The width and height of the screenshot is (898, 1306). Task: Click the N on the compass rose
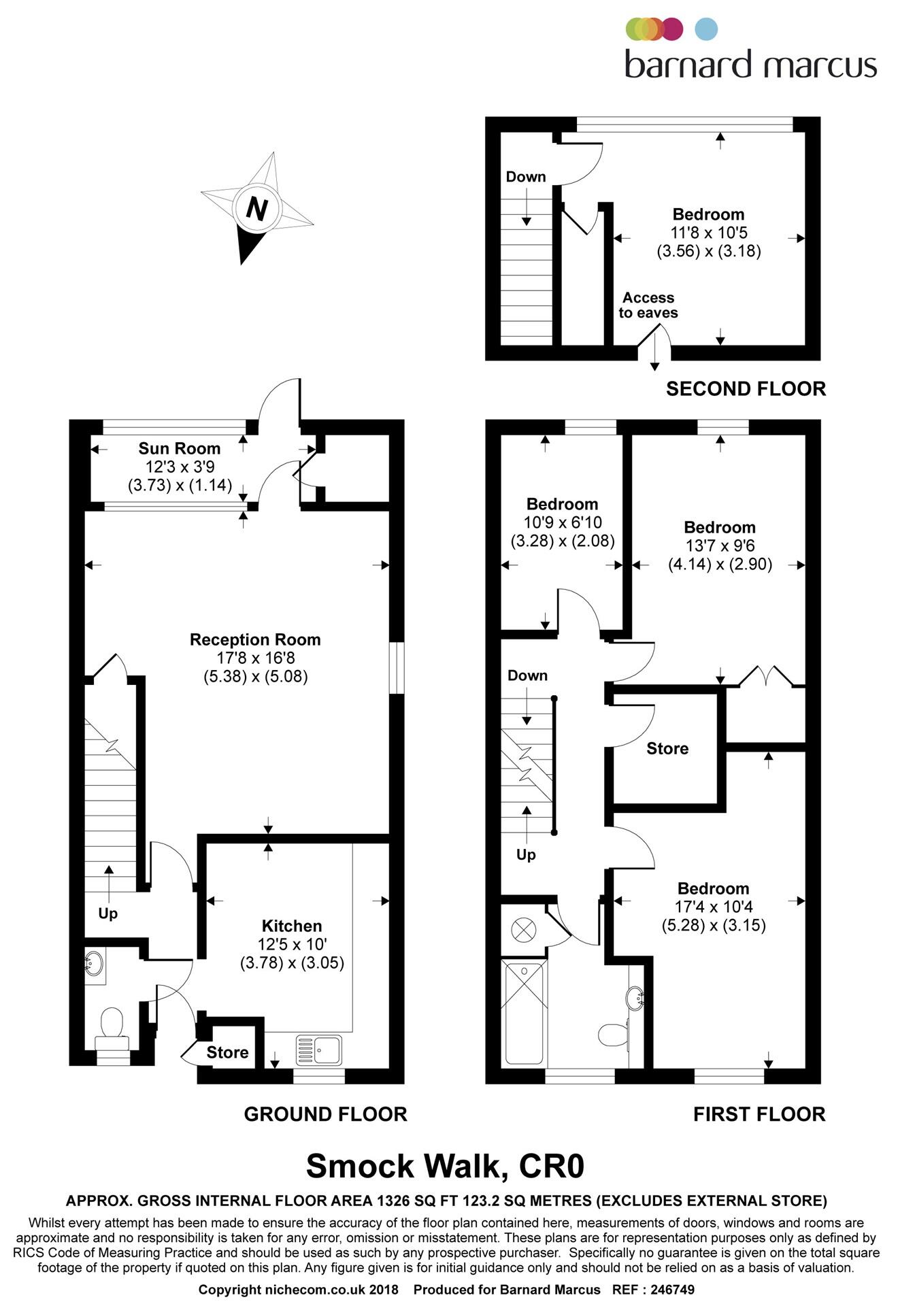256,208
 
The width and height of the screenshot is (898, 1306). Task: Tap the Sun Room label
179,448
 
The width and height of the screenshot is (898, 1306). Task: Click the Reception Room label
255,639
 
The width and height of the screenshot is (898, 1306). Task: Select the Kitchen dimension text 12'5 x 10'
292,944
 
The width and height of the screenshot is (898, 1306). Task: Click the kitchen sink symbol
320,1050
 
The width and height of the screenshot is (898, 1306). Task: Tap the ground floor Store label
227,1052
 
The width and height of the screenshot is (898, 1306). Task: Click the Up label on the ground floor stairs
107,914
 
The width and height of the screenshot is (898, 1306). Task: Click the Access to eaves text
648,305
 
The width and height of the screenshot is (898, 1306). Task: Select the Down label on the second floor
525,177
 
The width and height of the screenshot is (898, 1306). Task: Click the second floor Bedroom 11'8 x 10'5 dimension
708,233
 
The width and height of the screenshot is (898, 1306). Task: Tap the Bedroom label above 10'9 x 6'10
562,504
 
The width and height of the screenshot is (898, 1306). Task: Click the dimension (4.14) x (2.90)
720,564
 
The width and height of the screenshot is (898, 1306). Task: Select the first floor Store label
667,748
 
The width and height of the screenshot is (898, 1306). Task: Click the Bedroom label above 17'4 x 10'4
713,888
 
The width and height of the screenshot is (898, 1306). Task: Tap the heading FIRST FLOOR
759,1114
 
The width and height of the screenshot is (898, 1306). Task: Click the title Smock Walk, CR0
445,1166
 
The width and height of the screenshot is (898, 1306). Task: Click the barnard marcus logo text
750,65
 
